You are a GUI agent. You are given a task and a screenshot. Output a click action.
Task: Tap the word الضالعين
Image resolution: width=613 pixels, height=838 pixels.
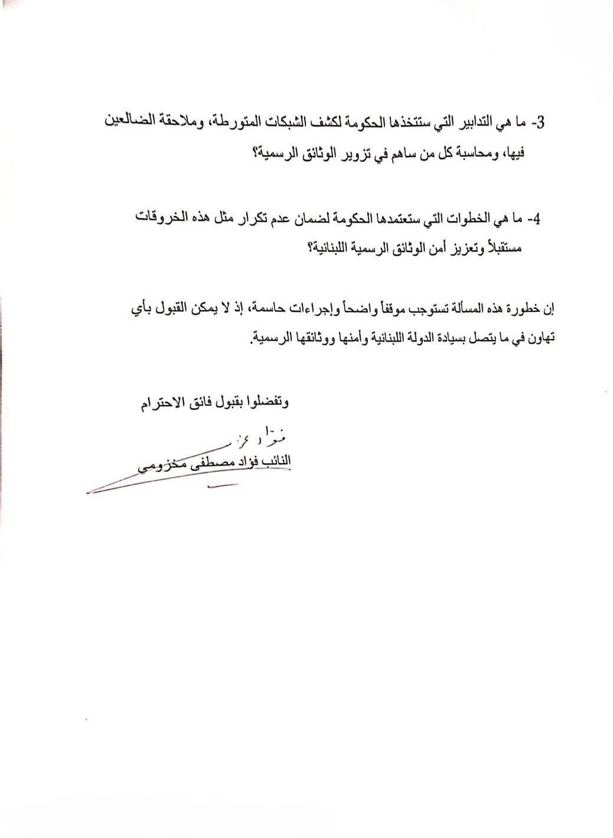(x=132, y=123)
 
